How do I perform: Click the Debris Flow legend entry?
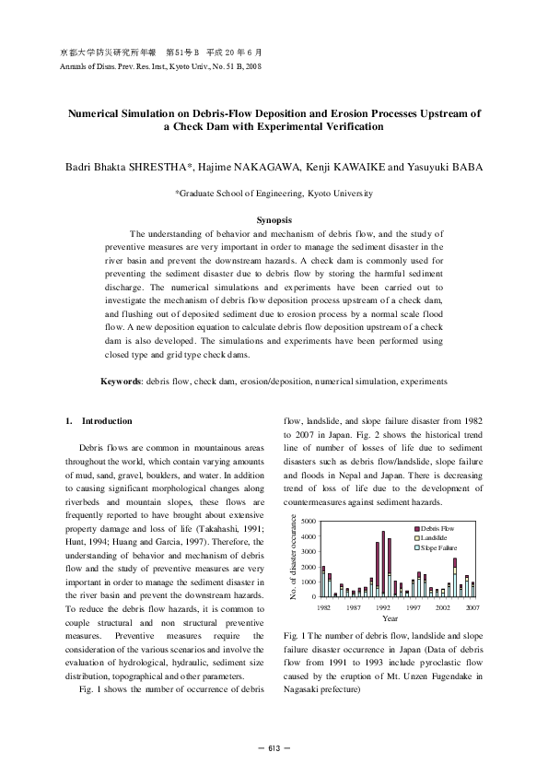[x=438, y=526]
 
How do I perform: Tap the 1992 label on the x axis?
[x=383, y=609]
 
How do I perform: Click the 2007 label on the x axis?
[x=472, y=609]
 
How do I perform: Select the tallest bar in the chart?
[x=383, y=564]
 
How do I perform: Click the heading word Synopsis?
[x=274, y=220]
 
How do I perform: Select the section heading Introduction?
[x=107, y=421]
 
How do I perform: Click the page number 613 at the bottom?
[x=274, y=746]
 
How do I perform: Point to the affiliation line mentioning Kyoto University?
[x=274, y=194]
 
